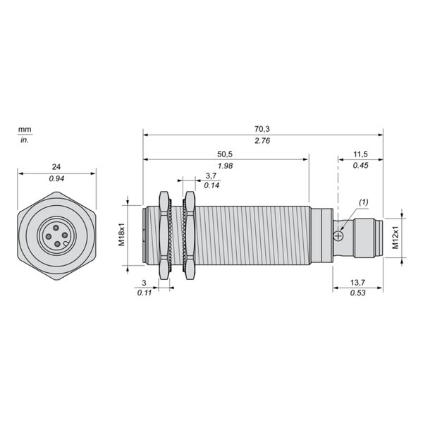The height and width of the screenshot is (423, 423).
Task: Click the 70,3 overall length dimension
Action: click(262, 129)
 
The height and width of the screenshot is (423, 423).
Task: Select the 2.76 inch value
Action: click(262, 140)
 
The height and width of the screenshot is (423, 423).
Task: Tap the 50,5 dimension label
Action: click(225, 154)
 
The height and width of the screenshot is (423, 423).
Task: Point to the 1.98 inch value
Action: click(226, 166)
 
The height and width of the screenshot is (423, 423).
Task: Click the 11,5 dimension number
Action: click(360, 154)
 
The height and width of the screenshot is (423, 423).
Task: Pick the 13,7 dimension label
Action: click(357, 283)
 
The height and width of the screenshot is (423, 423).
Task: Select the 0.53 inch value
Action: click(357, 293)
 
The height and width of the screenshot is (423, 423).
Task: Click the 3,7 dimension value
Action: click(211, 176)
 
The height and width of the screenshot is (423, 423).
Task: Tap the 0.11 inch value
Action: click(145, 293)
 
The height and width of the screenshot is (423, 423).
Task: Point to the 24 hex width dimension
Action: click(56, 166)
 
